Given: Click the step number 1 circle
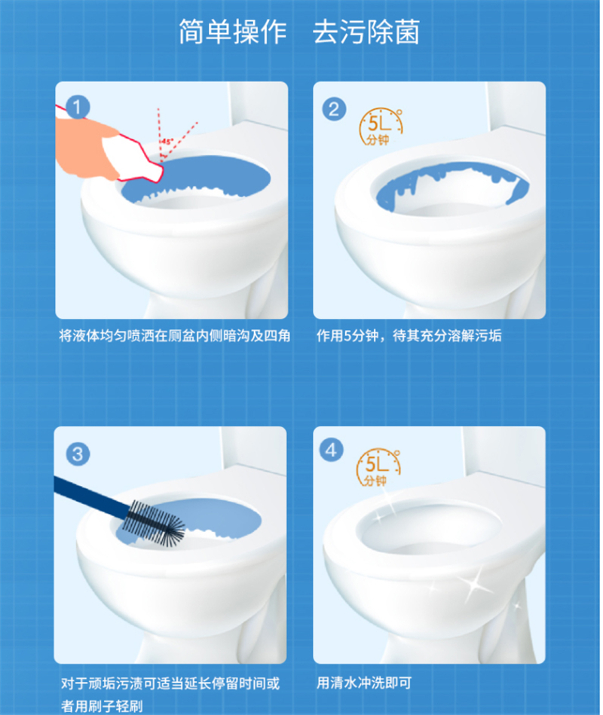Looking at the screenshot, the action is point(78,108).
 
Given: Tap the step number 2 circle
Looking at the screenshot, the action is point(334,109).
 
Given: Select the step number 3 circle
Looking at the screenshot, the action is point(78,454).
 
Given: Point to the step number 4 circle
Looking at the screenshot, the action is point(332,451).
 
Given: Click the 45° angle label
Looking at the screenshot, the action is point(167,142).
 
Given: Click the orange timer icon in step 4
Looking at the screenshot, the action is point(378,468).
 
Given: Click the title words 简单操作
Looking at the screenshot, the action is point(233,32).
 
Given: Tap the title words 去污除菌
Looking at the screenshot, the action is point(366,32).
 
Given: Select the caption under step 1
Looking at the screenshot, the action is point(175,336).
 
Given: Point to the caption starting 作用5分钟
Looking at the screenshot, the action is point(409,336).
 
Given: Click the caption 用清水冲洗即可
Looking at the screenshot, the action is point(364,683).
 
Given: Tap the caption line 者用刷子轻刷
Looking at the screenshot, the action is point(102,707).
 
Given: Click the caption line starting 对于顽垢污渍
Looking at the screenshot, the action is point(170,683).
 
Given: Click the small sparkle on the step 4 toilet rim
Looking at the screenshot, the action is point(378,517).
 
